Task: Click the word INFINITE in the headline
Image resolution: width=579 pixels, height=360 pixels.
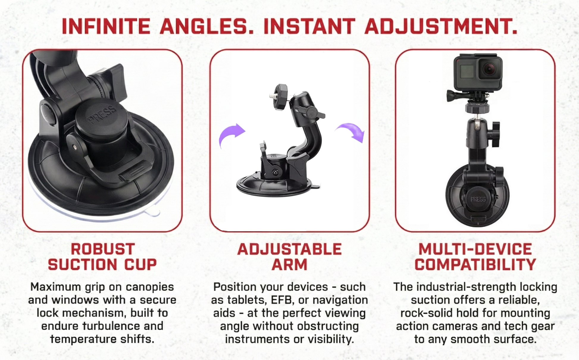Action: tap(106, 26)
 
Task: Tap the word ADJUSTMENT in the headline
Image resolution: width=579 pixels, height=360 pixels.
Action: tap(441, 26)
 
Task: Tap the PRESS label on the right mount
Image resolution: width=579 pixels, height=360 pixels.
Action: tap(478, 199)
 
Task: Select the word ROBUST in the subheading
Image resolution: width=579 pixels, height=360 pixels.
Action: tap(103, 249)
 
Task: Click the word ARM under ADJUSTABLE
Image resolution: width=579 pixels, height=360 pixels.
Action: tap(289, 265)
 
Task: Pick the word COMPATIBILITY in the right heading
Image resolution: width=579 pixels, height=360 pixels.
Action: tap(475, 265)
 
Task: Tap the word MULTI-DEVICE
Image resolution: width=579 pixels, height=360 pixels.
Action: tap(475, 249)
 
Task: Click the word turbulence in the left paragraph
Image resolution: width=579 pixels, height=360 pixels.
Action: tap(111, 326)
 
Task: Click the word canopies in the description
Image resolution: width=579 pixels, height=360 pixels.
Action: tap(150, 287)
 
